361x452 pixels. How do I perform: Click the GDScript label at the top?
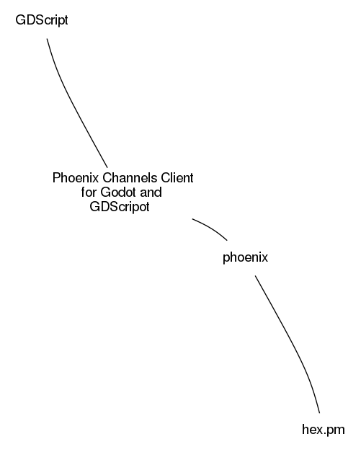(42, 20)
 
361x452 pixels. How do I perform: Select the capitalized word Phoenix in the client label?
(76, 178)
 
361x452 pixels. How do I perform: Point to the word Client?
(177, 178)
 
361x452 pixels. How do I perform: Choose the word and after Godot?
(151, 192)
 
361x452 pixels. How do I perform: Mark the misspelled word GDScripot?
(120, 207)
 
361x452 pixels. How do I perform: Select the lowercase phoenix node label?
(245, 257)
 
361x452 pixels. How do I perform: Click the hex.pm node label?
(324, 430)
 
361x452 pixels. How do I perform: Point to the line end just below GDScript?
(47, 39)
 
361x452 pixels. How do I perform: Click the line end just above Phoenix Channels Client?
(107, 167)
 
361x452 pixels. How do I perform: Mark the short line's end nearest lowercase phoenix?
(227, 240)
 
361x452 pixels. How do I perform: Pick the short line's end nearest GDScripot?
(192, 219)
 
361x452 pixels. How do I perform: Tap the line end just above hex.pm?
(319, 413)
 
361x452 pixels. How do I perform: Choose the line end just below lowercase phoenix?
(255, 275)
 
